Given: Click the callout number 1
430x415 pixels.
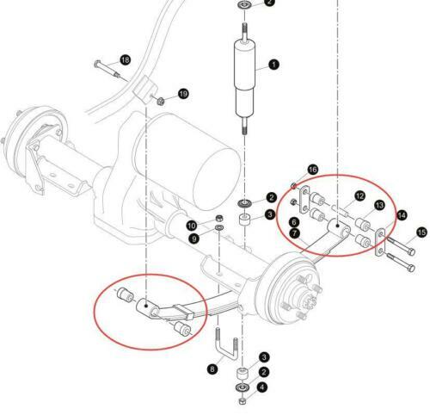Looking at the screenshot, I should click(x=273, y=65).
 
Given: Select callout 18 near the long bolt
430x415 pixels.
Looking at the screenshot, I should click(x=125, y=60).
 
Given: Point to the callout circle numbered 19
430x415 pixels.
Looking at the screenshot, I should click(x=182, y=93).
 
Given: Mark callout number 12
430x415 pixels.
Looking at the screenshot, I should click(x=360, y=197).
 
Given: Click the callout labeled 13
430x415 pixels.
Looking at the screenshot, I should click(x=378, y=205).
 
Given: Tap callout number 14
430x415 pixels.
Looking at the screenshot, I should click(x=402, y=215).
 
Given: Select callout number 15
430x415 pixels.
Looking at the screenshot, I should click(x=421, y=232).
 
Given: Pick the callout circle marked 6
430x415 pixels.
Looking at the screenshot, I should click(x=295, y=221).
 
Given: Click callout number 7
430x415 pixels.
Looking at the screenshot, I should click(x=295, y=232).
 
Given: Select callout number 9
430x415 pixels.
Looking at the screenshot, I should click(x=194, y=238).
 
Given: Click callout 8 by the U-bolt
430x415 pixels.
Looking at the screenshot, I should click(x=212, y=369).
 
